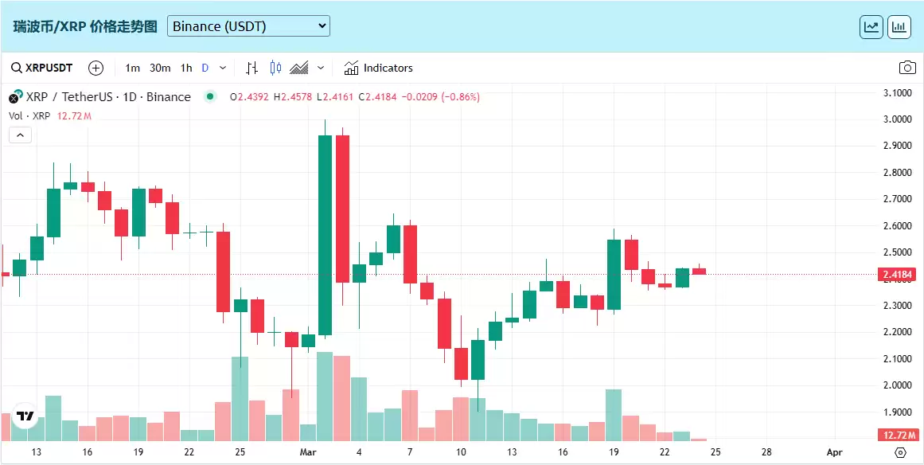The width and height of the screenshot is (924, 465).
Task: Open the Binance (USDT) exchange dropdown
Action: coord(248,26)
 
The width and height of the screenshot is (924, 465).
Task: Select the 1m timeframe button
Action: coord(132,68)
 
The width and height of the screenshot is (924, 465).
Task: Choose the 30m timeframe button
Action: coord(160,68)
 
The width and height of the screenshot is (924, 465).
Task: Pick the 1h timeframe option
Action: coord(186,68)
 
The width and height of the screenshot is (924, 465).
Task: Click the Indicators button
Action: coord(379,68)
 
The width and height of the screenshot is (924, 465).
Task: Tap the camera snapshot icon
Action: coord(906,68)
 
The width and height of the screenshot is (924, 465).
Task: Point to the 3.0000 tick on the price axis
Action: coord(898,119)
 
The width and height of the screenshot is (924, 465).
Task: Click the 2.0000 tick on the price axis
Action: coord(898,385)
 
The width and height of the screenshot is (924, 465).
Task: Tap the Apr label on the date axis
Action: coord(834,452)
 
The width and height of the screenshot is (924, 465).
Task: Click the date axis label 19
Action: coord(613,452)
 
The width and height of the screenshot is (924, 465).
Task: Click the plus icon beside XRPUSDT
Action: coord(96,68)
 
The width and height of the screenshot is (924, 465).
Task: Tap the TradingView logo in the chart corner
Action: coord(25,416)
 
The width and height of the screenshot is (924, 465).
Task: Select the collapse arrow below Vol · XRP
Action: coord(20,135)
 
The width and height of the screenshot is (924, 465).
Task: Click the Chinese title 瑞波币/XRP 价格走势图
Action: coord(86,26)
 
